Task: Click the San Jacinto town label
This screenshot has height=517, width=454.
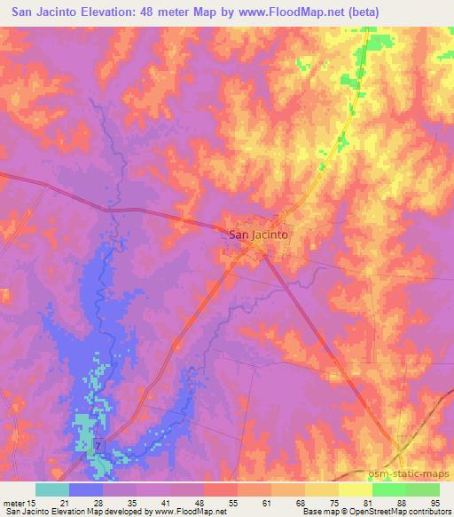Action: click(261, 235)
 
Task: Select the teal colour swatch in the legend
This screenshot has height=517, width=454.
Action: click(52, 489)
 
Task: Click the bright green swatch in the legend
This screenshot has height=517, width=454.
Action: click(388, 489)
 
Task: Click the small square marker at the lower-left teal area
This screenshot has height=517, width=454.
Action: click(99, 443)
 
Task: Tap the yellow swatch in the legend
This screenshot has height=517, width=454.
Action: click(322, 489)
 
